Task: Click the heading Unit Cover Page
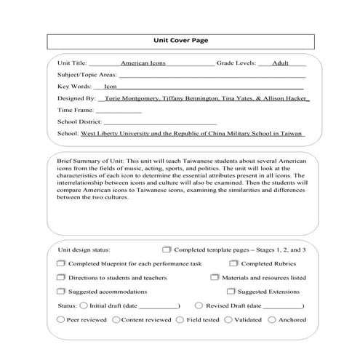tap(180, 41)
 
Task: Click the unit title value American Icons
tap(143, 63)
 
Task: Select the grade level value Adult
tap(280, 63)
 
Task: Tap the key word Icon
tap(111, 86)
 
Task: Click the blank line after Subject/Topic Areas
tap(211, 75)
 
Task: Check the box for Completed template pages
tap(167, 249)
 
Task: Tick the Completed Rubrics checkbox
tap(233, 263)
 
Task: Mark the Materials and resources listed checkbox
tap(215, 277)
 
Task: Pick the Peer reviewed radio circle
tap(60, 319)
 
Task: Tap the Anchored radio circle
tap(271, 319)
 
